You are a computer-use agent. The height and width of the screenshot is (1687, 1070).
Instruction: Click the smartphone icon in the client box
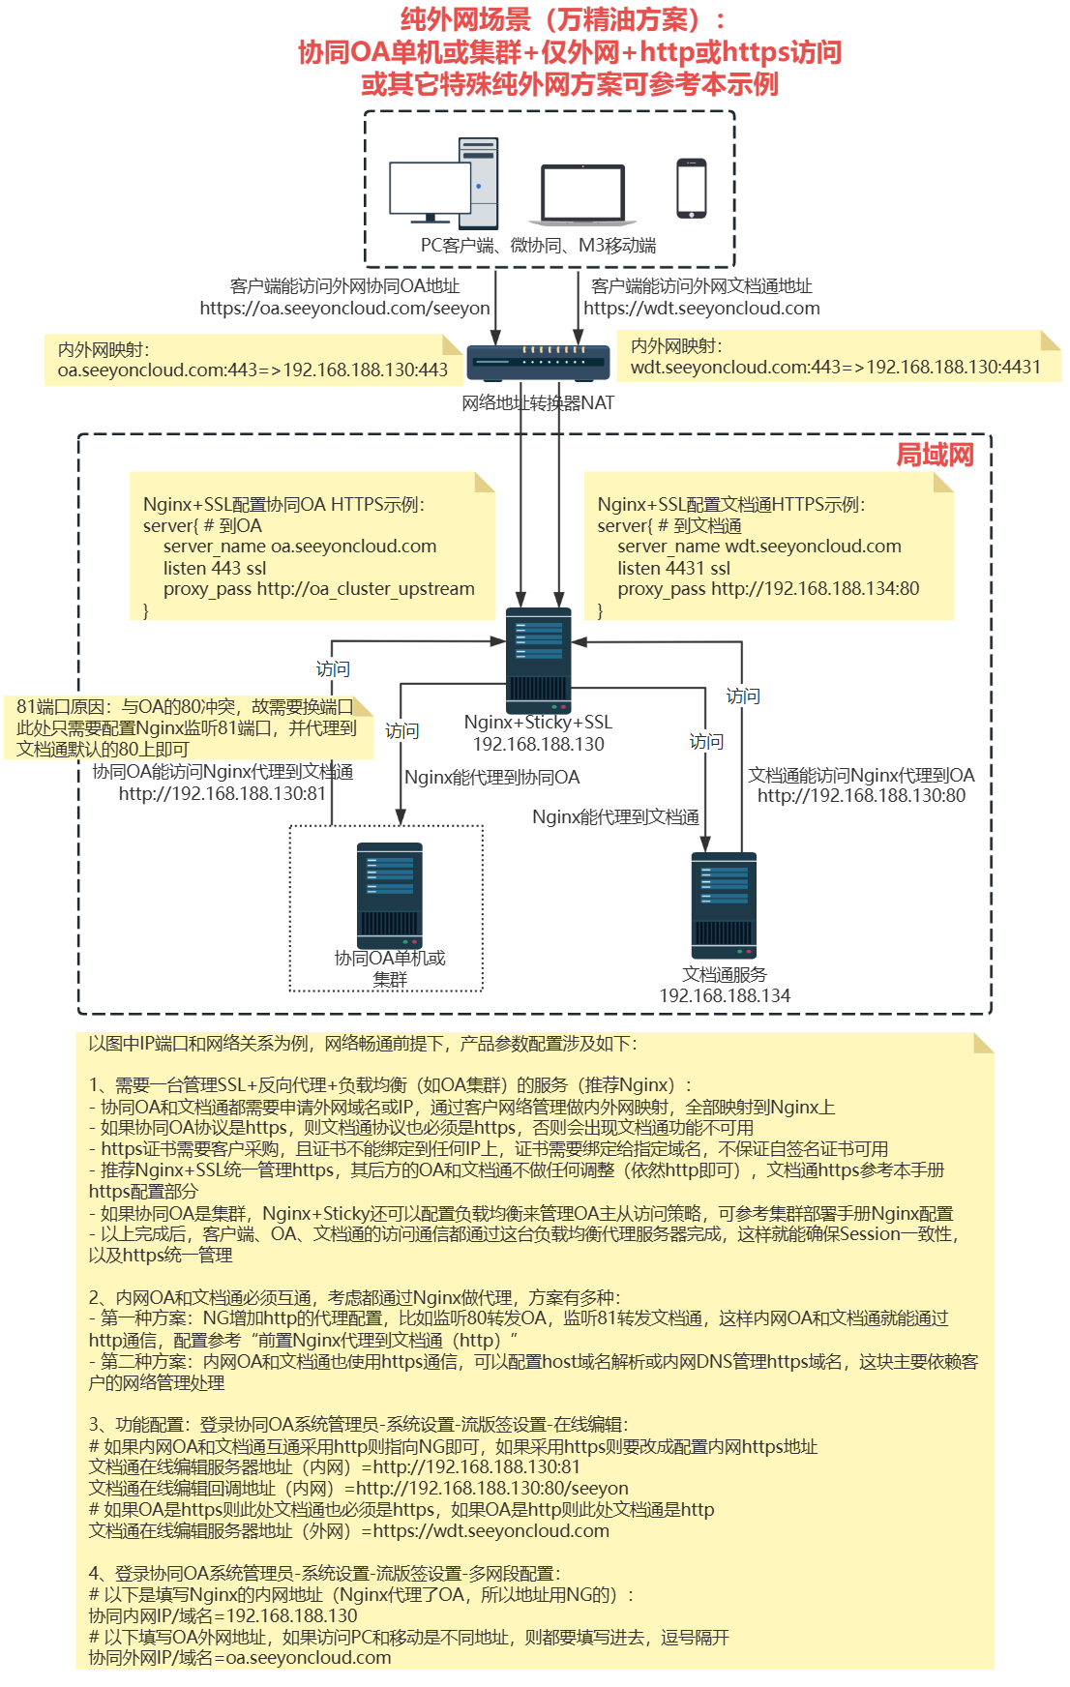pyautogui.click(x=691, y=189)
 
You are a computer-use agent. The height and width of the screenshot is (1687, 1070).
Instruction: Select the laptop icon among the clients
pyautogui.click(x=581, y=195)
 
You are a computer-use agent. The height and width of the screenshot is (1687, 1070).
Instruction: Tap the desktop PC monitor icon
pyautogui.click(x=430, y=191)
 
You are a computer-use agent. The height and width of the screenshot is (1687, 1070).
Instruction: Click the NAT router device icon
pyautogui.click(x=538, y=363)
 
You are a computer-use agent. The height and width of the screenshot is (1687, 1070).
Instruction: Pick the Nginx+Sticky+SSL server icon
pyautogui.click(x=539, y=661)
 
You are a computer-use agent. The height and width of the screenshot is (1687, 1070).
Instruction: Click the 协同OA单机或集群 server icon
pyautogui.click(x=390, y=896)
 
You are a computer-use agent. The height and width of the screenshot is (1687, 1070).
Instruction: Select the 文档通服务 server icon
pyautogui.click(x=724, y=905)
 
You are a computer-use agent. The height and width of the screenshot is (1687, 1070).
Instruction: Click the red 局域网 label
pyautogui.click(x=935, y=455)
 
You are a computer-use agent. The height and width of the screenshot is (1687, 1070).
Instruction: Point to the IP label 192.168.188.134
pyautogui.click(x=725, y=995)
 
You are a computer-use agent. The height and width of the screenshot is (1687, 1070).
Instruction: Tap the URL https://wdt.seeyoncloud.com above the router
pyautogui.click(x=701, y=309)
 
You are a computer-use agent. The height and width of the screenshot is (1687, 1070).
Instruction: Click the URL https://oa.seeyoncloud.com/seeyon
pyautogui.click(x=344, y=309)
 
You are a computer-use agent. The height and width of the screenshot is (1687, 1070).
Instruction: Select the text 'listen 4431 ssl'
pyautogui.click(x=673, y=568)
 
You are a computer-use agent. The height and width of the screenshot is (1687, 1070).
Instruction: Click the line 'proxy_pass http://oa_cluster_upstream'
pyautogui.click(x=318, y=588)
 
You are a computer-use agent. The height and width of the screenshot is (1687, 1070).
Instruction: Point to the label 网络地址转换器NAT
pyautogui.click(x=538, y=402)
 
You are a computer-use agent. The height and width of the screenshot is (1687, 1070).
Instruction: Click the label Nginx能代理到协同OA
pyautogui.click(x=491, y=777)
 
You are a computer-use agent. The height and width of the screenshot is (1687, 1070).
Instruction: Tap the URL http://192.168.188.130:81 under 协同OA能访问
pyautogui.click(x=222, y=793)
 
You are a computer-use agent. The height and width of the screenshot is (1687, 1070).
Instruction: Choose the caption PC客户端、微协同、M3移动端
pyautogui.click(x=538, y=246)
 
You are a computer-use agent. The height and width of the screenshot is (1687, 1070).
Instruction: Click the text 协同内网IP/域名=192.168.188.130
pyautogui.click(x=223, y=1615)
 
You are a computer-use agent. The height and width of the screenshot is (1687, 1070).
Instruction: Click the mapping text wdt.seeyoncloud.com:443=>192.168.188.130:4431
pyautogui.click(x=835, y=367)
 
